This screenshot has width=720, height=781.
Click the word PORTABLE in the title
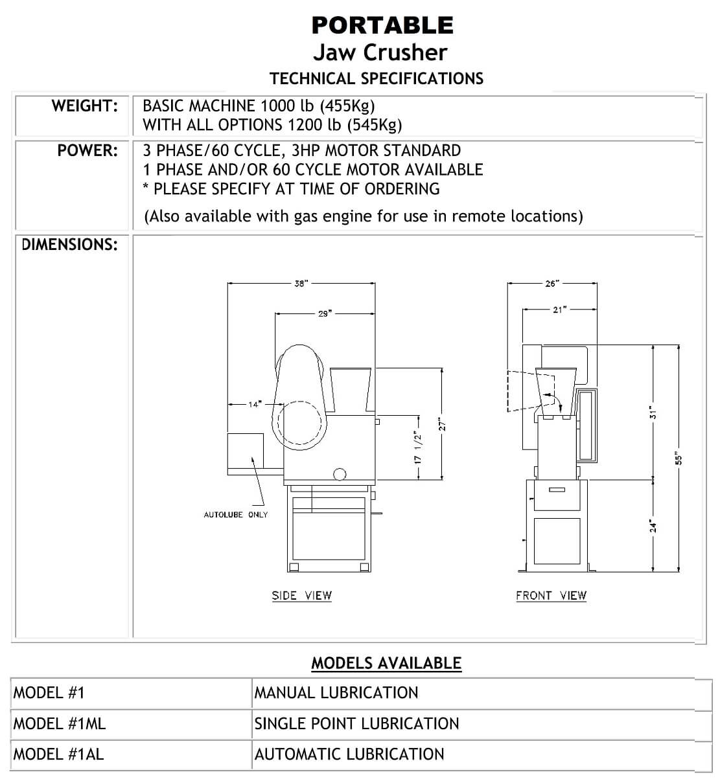coord(382,25)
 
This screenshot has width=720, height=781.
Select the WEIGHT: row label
coord(85,106)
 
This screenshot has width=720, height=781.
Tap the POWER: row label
coord(87,151)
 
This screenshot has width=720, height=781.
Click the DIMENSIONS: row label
coord(70,245)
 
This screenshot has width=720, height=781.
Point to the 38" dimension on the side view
coord(301,284)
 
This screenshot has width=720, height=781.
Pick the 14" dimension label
coord(254,404)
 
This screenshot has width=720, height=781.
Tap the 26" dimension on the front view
coord(552,284)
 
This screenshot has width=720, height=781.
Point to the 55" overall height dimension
coord(679,458)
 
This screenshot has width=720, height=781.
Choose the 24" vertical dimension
coord(654,526)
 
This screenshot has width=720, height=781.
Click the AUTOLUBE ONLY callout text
coord(236,515)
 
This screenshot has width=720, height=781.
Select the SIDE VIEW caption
coord(301,596)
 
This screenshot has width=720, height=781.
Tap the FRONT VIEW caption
coord(551,596)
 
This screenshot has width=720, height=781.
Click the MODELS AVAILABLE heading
coord(386,663)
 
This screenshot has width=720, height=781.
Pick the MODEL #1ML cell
coord(60,723)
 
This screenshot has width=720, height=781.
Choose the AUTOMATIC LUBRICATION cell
coord(349,754)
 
